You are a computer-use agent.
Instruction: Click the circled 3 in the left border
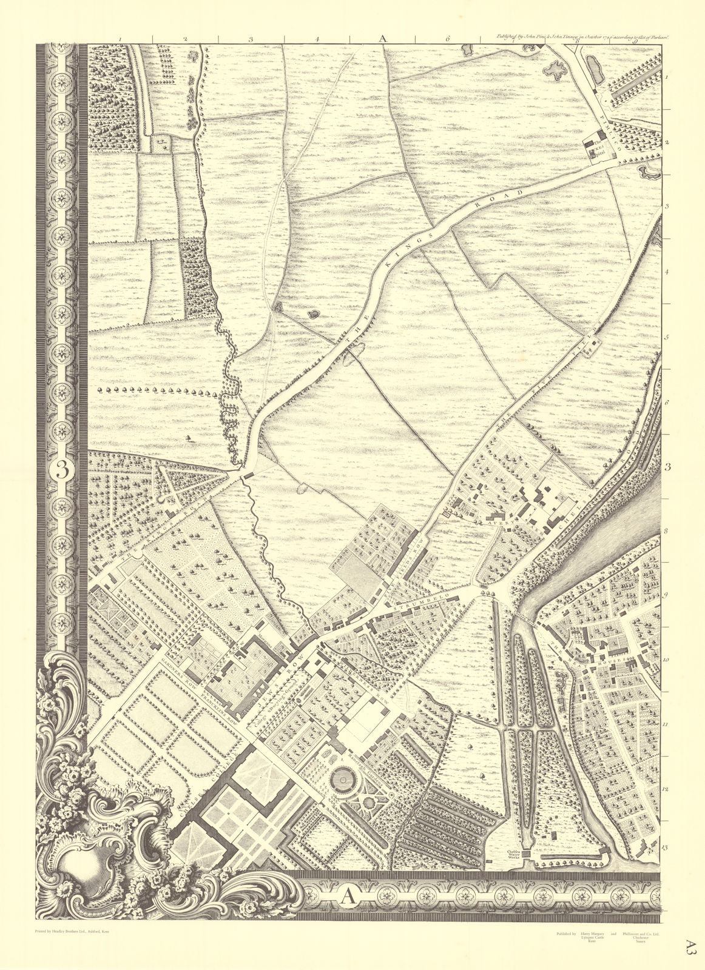tap(61, 470)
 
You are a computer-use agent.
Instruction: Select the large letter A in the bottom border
tap(346, 894)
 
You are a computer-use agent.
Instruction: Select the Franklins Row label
tap(221, 697)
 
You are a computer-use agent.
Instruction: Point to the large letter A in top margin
tap(382, 38)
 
